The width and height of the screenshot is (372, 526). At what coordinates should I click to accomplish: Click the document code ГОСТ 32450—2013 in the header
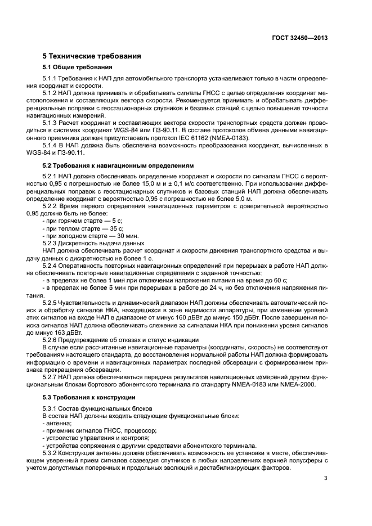tap(300, 38)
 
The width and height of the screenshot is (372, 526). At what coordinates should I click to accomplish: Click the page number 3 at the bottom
tap(325, 478)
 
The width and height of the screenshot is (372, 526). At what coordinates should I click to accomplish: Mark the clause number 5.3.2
tap(52, 452)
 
